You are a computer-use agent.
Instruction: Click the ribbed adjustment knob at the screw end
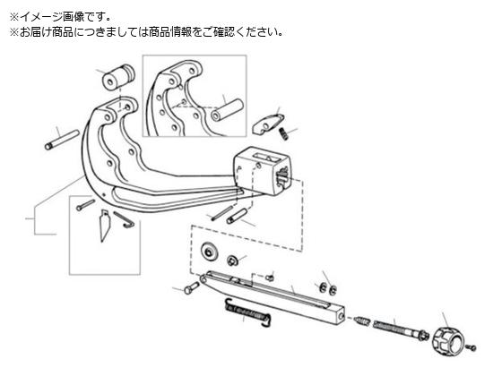447,339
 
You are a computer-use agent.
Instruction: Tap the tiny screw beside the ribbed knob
472,347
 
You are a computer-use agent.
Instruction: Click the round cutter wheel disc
209,251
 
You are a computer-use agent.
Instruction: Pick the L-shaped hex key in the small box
125,220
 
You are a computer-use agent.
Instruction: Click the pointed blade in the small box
104,226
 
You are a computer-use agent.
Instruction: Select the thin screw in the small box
85,205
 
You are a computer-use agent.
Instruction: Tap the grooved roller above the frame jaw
118,78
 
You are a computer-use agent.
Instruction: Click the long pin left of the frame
62,140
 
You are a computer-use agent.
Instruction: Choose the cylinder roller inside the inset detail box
227,110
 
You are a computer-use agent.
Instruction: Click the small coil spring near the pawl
283,133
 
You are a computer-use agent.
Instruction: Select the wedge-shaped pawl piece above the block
267,124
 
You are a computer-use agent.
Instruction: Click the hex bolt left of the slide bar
192,287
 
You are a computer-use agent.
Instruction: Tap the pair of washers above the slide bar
327,288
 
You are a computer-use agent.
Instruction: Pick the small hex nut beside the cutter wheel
232,261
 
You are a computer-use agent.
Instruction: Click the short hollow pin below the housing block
237,216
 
